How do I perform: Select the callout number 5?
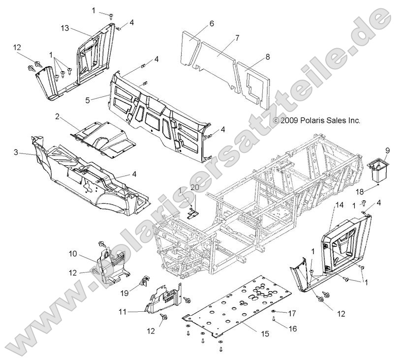[x=101, y=100]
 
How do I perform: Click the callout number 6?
[x=212, y=23]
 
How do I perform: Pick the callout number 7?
[x=237, y=37]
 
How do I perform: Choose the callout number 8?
[x=268, y=57]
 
